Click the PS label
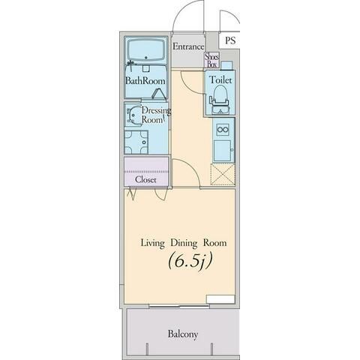point(230,40)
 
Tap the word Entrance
point(188,46)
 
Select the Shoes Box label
point(211,60)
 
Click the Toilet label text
point(220,79)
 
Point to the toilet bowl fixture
point(220,100)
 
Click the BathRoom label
point(145,81)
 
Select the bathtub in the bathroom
point(146,50)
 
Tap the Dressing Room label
point(156,115)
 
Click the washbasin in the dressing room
point(133,115)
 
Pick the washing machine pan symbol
point(136,142)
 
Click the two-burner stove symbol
point(223,130)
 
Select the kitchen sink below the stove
point(222,151)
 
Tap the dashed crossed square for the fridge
point(223,174)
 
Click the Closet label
point(145,179)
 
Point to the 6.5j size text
point(190,261)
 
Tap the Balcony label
point(183,334)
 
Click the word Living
point(152,243)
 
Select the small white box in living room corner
point(220,299)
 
